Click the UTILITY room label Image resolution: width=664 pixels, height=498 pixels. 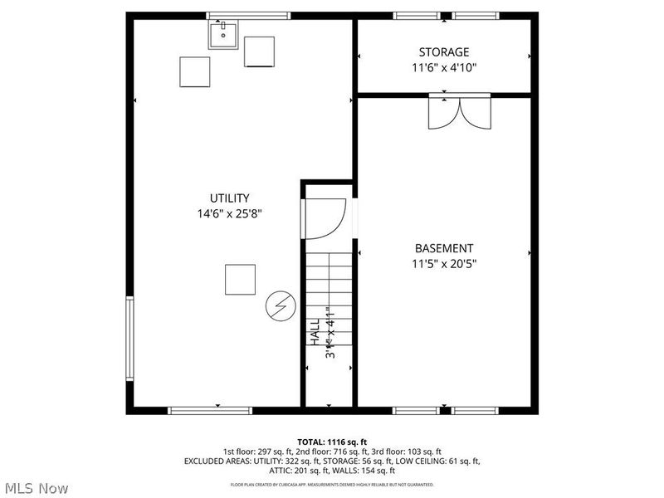(229, 198)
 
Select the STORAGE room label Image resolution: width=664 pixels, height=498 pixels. (443, 52)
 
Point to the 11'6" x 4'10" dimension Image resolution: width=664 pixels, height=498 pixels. (443, 67)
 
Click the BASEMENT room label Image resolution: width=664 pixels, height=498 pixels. (443, 248)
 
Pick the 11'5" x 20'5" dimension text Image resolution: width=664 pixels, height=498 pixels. (443, 264)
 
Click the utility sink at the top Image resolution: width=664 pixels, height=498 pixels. (223, 36)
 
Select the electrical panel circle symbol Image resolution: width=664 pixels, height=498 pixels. (279, 308)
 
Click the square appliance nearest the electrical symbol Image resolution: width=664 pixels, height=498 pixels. (241, 279)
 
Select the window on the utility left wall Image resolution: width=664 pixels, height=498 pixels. (129, 338)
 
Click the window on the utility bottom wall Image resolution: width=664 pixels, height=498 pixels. (210, 409)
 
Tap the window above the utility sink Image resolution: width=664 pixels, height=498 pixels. (248, 16)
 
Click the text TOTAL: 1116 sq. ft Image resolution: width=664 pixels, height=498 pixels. (332, 442)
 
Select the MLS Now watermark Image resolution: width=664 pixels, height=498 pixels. (36, 488)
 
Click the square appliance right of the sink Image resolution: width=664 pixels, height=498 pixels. (259, 51)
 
